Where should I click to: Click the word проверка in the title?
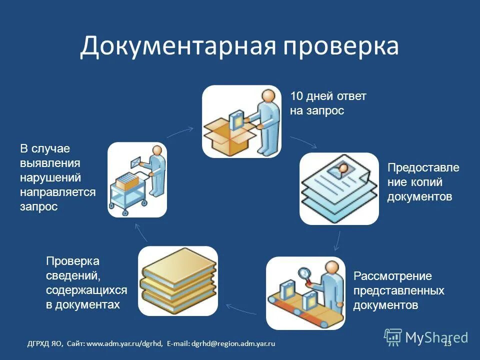[342, 46]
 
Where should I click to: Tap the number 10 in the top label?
[296, 96]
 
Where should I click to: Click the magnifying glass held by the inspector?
[304, 273]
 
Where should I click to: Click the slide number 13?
[447, 343]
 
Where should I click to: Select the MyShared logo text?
[436, 337]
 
